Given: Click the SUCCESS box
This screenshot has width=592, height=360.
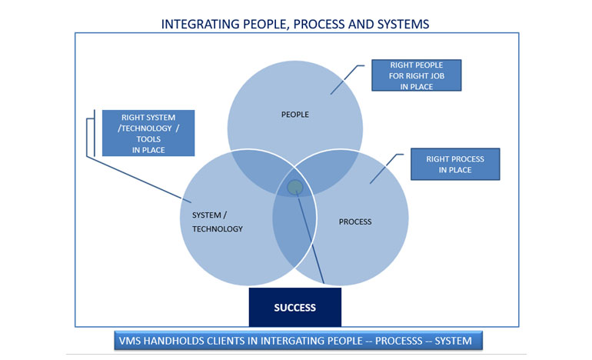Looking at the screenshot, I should coord(295,308).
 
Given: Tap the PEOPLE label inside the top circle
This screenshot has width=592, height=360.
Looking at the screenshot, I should coord(295,115).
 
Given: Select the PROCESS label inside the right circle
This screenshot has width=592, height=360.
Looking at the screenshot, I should coord(355,222).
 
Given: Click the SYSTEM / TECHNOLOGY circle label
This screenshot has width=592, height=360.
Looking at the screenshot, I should coord(217,222).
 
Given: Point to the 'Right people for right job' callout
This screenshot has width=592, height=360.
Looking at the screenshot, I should coord(416,75).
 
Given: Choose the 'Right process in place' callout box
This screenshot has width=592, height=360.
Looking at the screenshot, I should coord(454,164).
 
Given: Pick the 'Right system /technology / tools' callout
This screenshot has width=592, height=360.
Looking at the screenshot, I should coord(148,132).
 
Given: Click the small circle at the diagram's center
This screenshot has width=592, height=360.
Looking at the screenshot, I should coord(295,187).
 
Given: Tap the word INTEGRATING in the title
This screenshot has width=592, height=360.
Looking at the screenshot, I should coord(197,24).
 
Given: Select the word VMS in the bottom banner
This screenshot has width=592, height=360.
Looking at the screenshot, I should coord(128,339).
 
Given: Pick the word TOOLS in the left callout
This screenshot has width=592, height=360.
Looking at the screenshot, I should coord(148,138).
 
